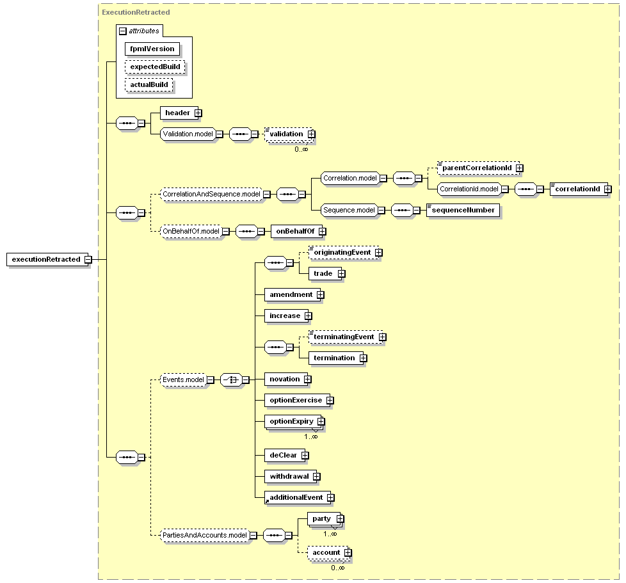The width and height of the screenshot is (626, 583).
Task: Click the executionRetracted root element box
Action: pyautogui.click(x=47, y=259)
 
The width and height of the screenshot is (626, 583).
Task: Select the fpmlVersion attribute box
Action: pyautogui.click(x=152, y=49)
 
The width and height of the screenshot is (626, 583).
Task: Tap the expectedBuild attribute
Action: pyautogui.click(x=155, y=67)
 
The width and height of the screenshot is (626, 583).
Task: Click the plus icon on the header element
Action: pyautogui.click(x=198, y=113)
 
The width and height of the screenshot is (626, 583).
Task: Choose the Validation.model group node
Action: pyautogui.click(x=188, y=134)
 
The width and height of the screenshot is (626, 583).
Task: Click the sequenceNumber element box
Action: pyautogui.click(x=463, y=211)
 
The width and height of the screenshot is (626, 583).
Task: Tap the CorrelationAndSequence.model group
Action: pyautogui.click(x=212, y=195)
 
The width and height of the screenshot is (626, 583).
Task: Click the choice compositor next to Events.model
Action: pyautogui.click(x=232, y=380)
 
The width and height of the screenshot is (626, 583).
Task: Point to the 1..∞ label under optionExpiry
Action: pyautogui.click(x=311, y=436)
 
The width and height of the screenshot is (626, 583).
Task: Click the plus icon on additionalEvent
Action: pyautogui.click(x=330, y=498)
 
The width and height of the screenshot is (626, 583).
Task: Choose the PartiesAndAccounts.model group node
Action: pyautogui.click(x=205, y=535)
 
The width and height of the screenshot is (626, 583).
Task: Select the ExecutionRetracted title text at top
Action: pyautogui.click(x=136, y=12)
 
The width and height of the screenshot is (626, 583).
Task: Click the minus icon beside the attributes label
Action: pyautogui.click(x=123, y=31)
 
